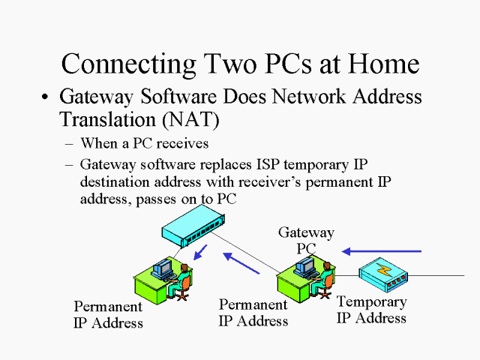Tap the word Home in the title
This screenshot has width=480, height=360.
(378, 63)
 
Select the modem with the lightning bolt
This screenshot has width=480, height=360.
(383, 275)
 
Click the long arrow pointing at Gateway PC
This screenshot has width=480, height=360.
(382, 250)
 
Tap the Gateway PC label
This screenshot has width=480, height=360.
(306, 240)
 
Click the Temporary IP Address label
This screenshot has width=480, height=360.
(371, 310)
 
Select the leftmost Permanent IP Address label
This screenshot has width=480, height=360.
(108, 315)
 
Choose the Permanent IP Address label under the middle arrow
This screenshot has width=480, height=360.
(253, 313)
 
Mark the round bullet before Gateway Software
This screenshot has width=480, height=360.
(47, 98)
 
